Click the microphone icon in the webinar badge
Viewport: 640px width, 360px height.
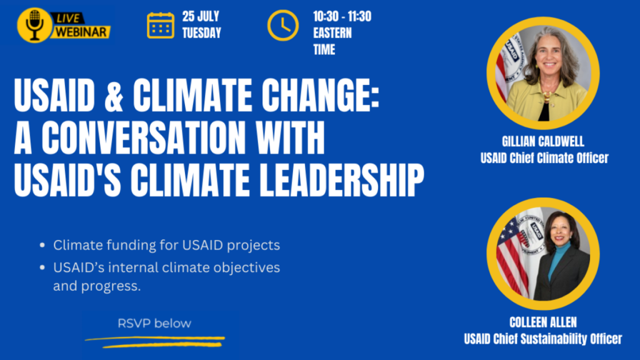coord(35,25)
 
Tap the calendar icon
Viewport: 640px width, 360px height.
coord(161,25)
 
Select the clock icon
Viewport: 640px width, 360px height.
coord(283,25)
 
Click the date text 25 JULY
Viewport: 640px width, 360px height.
coord(201,17)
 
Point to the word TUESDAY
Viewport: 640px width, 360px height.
coord(202,33)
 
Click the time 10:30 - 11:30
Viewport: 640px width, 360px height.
coord(342,17)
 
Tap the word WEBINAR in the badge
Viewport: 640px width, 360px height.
coord(81,32)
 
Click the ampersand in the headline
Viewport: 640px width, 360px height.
coord(114,96)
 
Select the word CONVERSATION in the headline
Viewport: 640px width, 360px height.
coord(144,137)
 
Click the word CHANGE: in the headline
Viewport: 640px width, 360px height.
coord(321,96)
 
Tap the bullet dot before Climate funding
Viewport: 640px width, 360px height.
coord(42,245)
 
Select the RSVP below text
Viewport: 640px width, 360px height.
coord(154,323)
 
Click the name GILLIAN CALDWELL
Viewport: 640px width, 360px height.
coord(543,142)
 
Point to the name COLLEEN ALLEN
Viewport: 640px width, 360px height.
coord(543,322)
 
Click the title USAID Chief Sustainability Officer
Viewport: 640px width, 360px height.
coord(543,339)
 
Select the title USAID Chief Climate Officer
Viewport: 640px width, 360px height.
coord(544,158)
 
